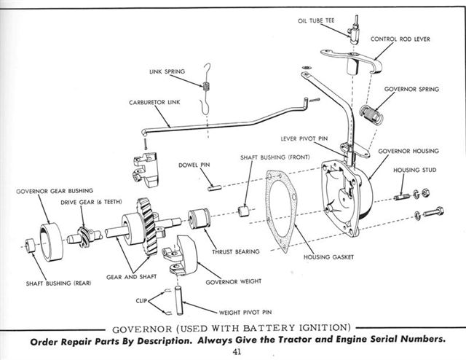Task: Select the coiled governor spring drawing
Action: (x=374, y=114)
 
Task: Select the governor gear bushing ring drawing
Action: (x=52, y=241)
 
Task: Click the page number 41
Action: (x=237, y=353)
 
